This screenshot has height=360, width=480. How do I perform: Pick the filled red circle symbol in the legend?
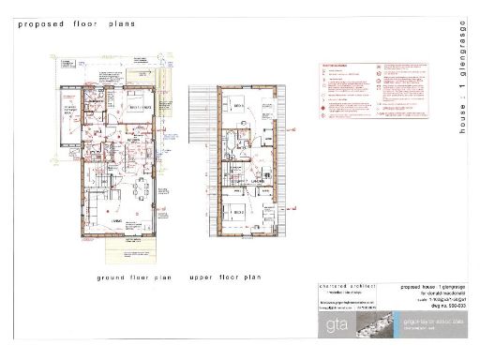tap(325, 109)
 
